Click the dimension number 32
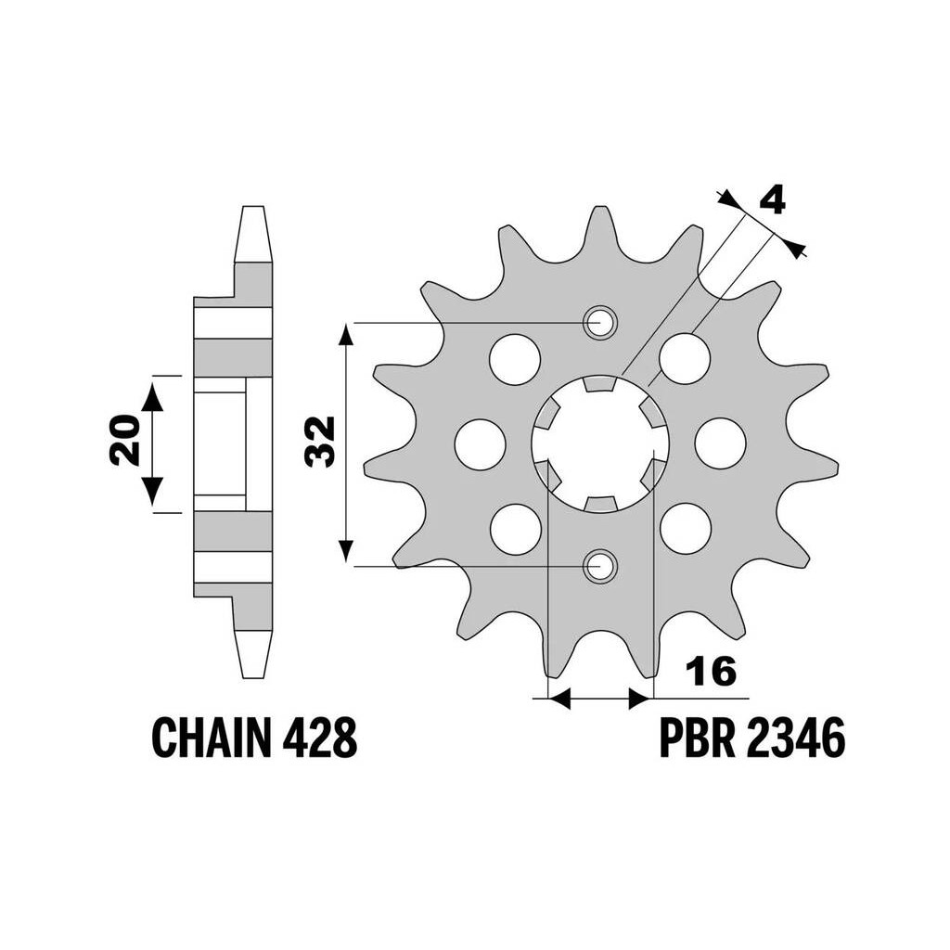[x=320, y=441]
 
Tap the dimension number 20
[x=125, y=441]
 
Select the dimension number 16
[x=712, y=672]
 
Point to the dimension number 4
[x=772, y=200]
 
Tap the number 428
[x=319, y=738]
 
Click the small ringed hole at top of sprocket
[x=600, y=322]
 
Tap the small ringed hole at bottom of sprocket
[x=600, y=566]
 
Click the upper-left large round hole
[x=514, y=359]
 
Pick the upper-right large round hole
[x=685, y=359]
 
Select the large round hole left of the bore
[x=480, y=443]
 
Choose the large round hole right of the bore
[x=720, y=443]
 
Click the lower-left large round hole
[x=515, y=528]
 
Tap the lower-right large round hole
[x=686, y=528]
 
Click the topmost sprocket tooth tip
[x=599, y=207]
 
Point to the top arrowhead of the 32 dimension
[x=345, y=334]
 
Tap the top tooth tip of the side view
[x=253, y=207]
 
